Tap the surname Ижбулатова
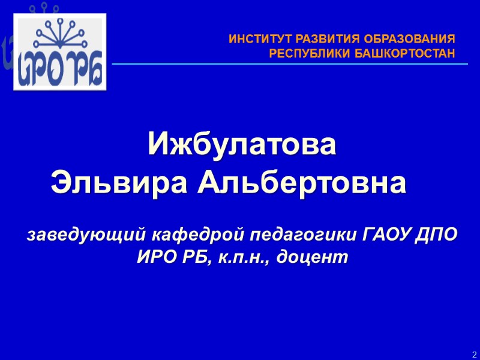pos(243,145)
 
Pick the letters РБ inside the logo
pos(86,71)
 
